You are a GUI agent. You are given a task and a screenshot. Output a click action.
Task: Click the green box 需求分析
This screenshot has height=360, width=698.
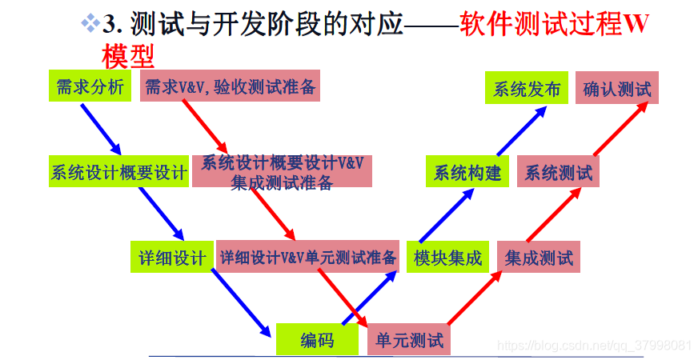[x=90, y=86]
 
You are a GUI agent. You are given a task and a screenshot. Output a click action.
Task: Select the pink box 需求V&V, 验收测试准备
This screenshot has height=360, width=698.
[x=231, y=87]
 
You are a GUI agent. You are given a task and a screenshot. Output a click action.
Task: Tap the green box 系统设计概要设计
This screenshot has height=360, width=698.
[x=118, y=173]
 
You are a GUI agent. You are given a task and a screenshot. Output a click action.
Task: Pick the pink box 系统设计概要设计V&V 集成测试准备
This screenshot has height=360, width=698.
[x=282, y=172]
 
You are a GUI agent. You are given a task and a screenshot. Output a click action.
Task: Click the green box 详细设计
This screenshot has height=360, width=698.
[x=172, y=258]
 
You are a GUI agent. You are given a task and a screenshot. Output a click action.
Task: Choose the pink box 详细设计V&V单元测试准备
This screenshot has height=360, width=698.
[x=308, y=258]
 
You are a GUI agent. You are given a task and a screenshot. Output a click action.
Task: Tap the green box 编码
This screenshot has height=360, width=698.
[x=317, y=341]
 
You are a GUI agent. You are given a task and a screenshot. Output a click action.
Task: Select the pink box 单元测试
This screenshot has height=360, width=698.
[x=409, y=341]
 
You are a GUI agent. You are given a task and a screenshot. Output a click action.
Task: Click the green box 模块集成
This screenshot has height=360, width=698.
[x=447, y=258]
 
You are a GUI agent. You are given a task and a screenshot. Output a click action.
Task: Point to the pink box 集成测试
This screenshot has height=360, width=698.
[x=539, y=258]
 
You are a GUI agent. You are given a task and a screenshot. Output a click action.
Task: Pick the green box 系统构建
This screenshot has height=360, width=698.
[x=467, y=173]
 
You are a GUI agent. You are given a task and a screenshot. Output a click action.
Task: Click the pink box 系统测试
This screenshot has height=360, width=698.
[x=559, y=173]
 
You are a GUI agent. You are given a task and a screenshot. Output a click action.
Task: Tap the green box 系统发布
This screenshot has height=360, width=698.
[x=526, y=89]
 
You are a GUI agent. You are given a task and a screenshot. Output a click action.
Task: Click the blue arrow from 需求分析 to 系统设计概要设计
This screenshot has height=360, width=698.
[x=101, y=128]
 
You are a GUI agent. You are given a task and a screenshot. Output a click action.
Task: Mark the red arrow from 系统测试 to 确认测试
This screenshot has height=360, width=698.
[x=618, y=130]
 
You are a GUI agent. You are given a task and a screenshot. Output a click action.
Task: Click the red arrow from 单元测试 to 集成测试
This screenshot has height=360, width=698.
[x=475, y=298]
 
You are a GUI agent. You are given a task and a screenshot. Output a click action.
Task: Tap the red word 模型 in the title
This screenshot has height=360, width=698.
[x=127, y=56]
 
